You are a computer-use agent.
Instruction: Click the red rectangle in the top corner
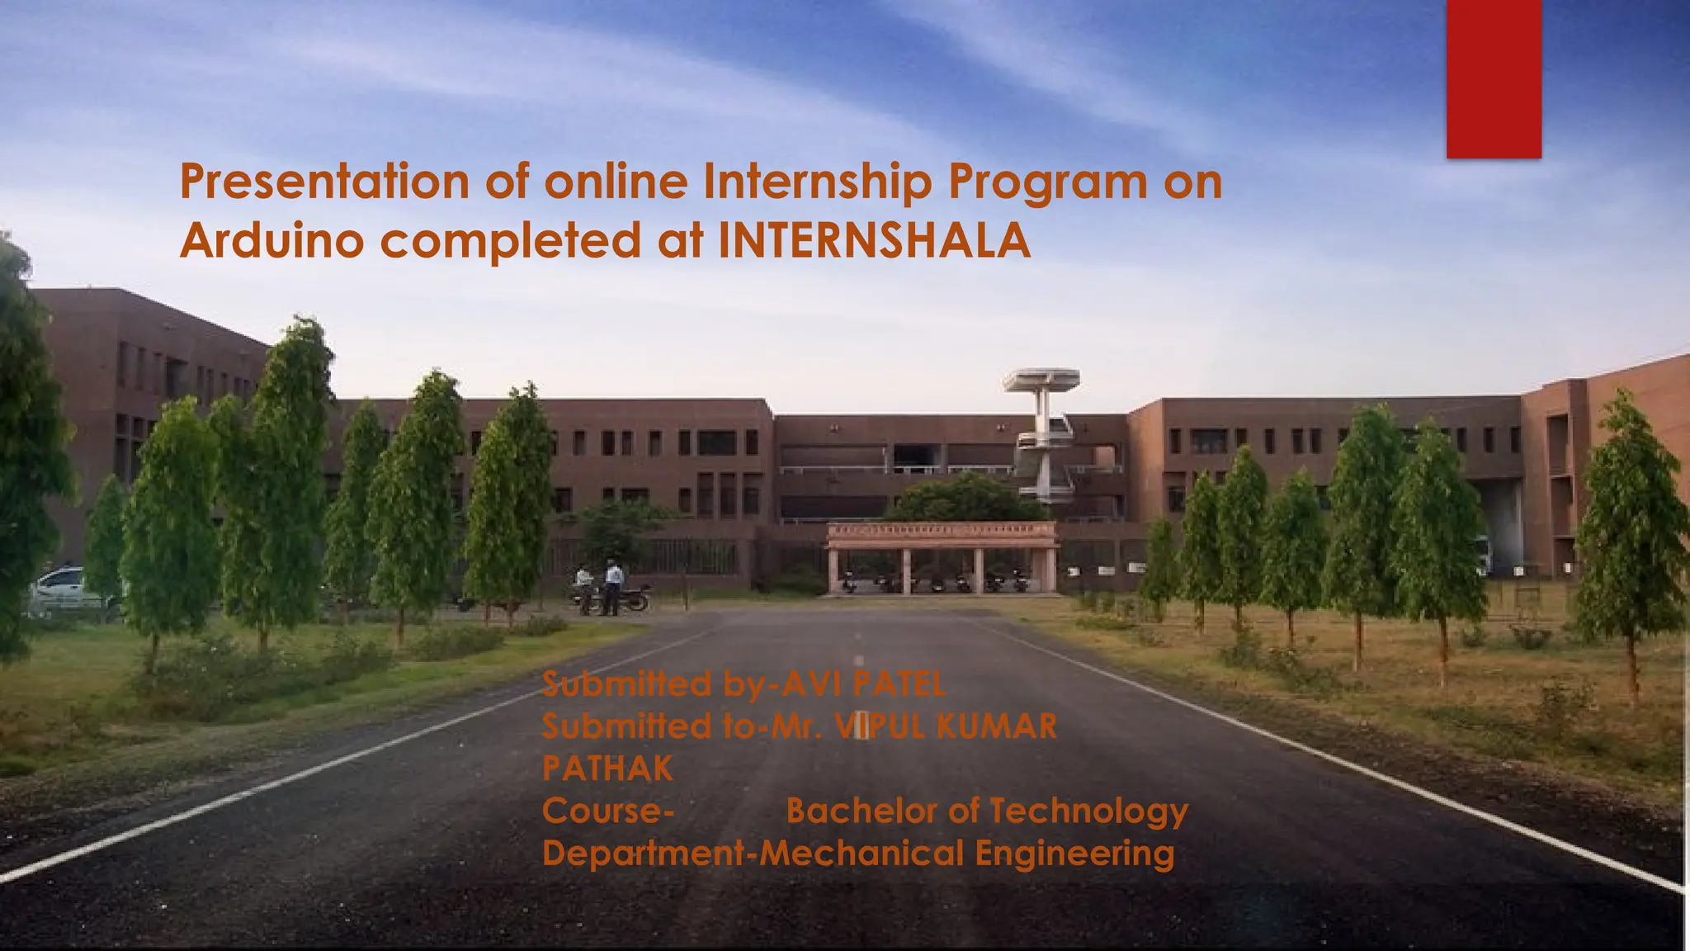tap(1494, 78)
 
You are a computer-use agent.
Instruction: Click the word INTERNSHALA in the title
tap(875, 241)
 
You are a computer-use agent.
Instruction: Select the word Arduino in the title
tap(272, 241)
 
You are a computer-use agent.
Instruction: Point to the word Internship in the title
tap(817, 183)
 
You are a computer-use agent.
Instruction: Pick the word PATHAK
tap(607, 769)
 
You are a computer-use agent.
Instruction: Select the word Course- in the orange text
tap(608, 811)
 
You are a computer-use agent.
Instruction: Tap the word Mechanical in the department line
tap(862, 853)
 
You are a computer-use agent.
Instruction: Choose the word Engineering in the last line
tap(1074, 854)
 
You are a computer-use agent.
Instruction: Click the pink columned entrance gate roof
tap(942, 532)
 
